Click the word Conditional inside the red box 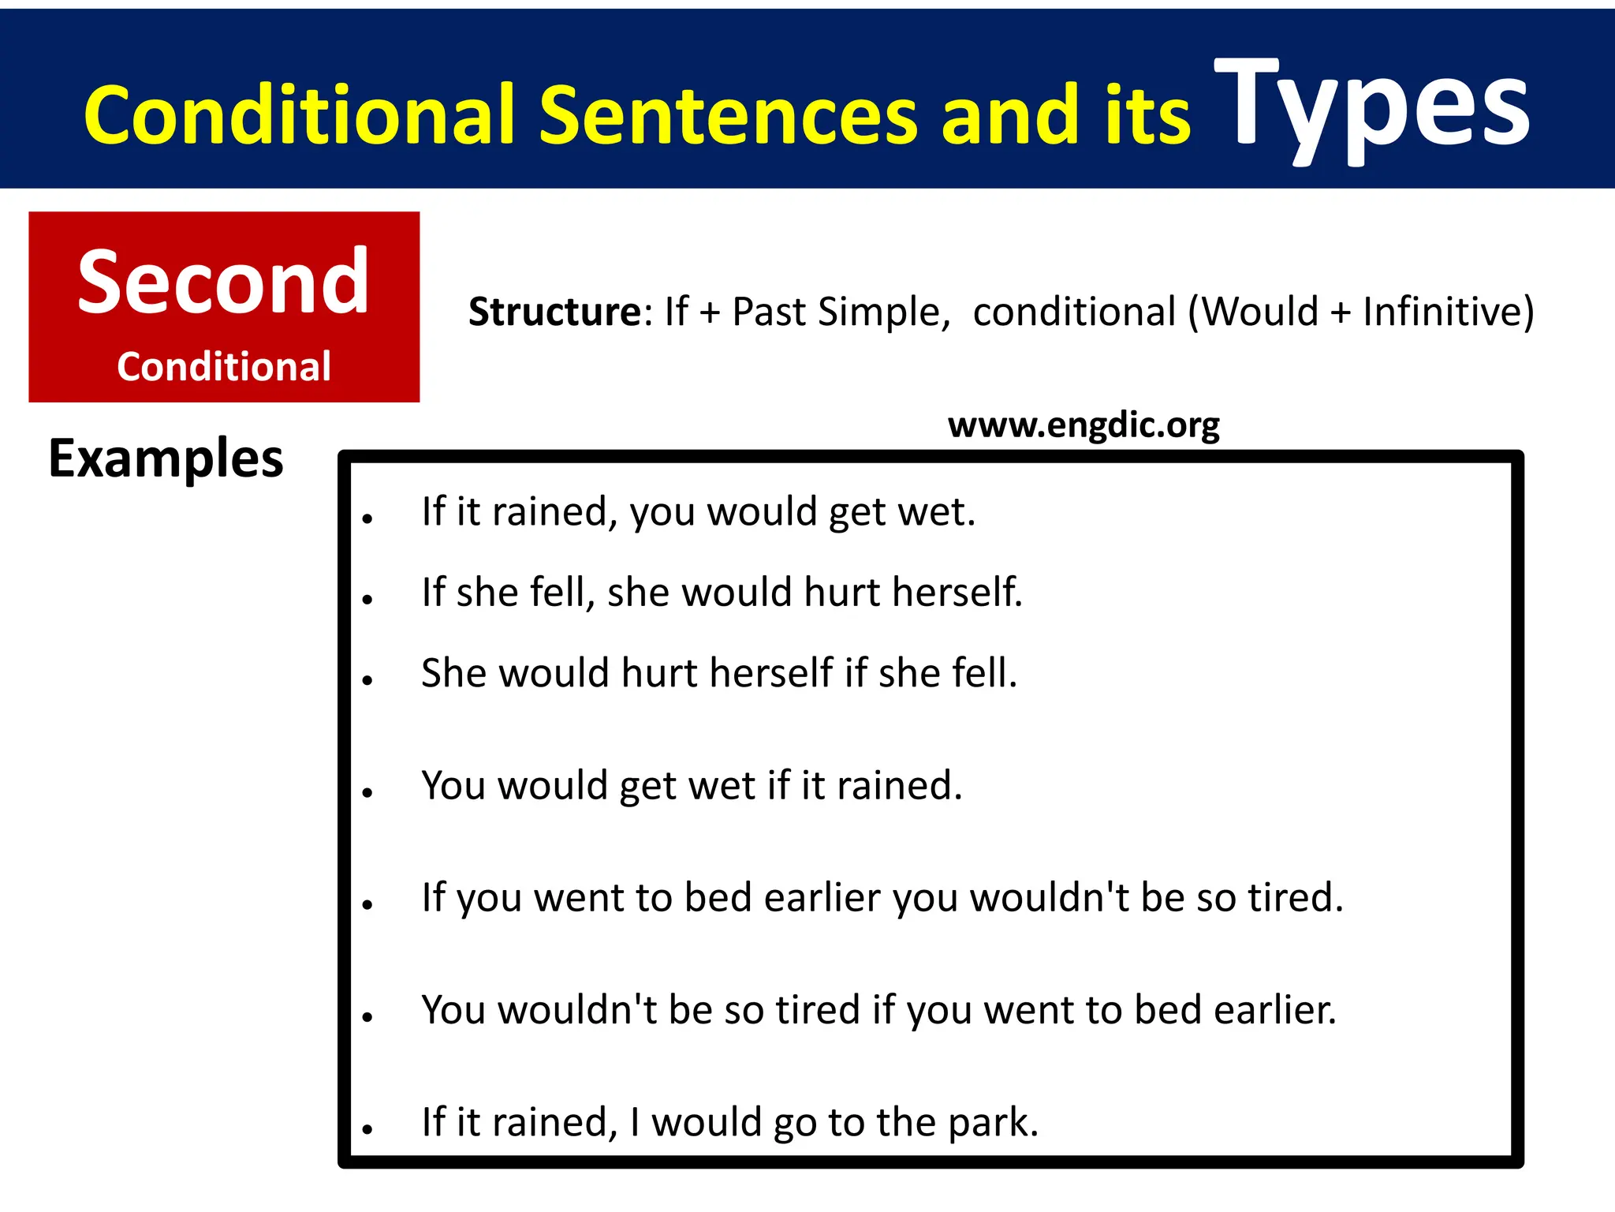pyautogui.click(x=223, y=366)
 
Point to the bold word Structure pyautogui.click(x=555, y=312)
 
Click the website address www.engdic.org pyautogui.click(x=1084, y=425)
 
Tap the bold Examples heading pyautogui.click(x=166, y=458)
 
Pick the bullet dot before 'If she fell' pyautogui.click(x=367, y=600)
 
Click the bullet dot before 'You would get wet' pyautogui.click(x=367, y=793)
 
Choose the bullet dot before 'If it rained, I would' pyautogui.click(x=367, y=1130)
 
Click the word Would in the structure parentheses pyautogui.click(x=1259, y=312)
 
